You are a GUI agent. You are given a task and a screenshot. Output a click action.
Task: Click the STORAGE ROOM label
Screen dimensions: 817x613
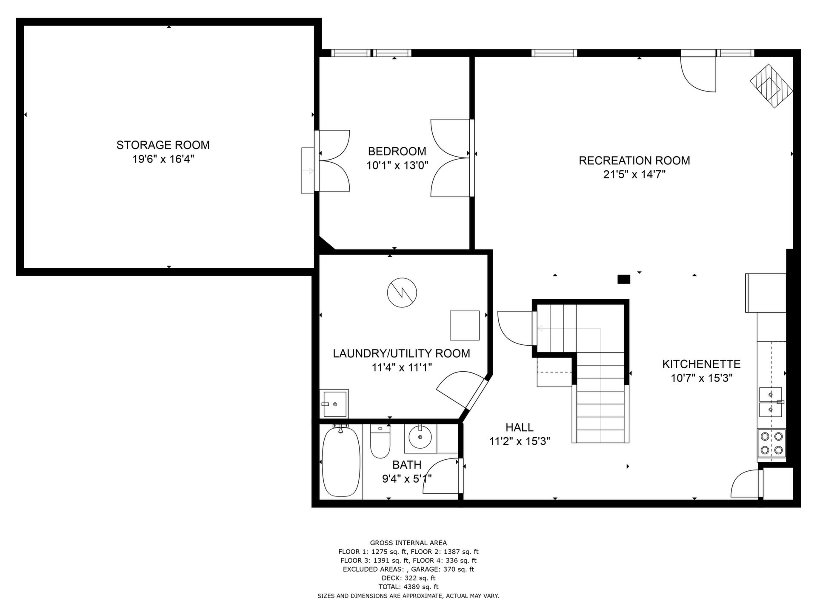point(163,145)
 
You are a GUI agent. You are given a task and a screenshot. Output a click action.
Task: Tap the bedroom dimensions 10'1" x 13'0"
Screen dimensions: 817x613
point(397,165)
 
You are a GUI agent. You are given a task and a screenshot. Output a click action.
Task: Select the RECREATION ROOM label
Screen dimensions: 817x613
point(634,160)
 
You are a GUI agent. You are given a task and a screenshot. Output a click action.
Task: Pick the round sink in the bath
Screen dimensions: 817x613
point(420,437)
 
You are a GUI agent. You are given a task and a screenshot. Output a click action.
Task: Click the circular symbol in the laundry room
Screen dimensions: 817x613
point(402,292)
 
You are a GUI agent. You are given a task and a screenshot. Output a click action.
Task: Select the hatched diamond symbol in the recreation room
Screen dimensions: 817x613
point(771,86)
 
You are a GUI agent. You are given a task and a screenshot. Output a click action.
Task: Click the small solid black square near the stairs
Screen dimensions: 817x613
point(623,279)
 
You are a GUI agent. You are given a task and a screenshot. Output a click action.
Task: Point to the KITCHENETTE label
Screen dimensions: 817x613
point(701,364)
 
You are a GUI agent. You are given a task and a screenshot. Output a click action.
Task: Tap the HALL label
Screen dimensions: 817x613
point(520,427)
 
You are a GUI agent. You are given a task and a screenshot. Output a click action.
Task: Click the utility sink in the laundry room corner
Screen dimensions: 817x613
point(334,404)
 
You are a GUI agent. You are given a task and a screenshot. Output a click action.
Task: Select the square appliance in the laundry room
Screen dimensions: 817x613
point(465,325)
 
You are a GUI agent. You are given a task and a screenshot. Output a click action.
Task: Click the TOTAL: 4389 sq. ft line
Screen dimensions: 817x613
point(408,587)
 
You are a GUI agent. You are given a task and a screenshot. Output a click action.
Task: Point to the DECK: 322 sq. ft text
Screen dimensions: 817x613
point(408,578)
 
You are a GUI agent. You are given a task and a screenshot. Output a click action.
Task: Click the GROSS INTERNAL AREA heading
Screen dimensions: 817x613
point(408,543)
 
